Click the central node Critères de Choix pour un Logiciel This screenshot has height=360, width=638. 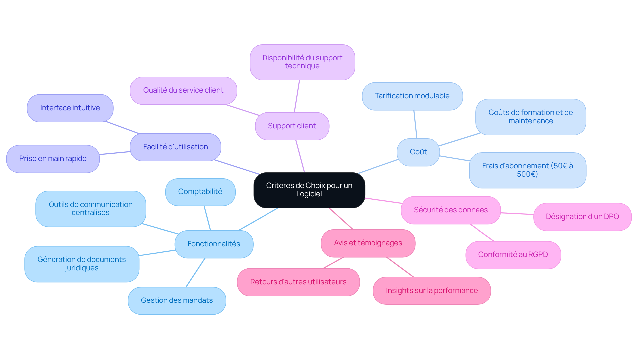point(309,190)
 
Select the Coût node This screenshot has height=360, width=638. point(418,152)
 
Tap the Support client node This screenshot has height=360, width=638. point(292,126)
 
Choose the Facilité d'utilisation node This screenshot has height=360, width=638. point(175,147)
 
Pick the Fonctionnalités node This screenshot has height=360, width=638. point(214,244)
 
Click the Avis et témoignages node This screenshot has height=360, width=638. point(368,243)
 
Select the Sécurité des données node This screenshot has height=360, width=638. point(451,210)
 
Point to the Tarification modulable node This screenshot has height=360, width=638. point(412,96)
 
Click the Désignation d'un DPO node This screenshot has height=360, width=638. point(582,217)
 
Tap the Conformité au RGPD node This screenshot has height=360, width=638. point(513,255)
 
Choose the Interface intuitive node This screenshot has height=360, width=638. point(70,108)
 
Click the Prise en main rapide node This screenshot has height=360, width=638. point(53,159)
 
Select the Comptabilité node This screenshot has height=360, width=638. point(200,192)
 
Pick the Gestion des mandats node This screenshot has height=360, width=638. point(176,300)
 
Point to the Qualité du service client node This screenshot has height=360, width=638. point(183,90)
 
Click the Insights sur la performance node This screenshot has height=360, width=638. point(432,291)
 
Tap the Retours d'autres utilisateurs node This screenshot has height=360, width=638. point(298,282)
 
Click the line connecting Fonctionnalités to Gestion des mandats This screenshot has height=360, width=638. point(195,273)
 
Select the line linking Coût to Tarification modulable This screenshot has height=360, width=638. point(415,124)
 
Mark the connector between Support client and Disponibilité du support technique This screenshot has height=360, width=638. point(297,96)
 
